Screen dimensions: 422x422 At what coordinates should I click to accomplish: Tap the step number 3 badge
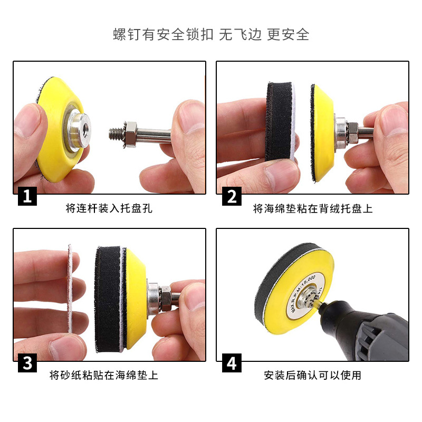coord(27,363)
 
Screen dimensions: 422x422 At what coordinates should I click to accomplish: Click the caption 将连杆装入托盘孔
coord(109,209)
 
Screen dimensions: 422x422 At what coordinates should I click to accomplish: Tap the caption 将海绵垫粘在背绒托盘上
coord(313,209)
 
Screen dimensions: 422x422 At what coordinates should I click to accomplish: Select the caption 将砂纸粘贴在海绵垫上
coord(104,376)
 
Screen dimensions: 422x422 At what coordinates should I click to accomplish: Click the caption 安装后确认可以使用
coord(313,376)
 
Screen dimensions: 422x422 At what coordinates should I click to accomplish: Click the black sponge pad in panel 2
coord(279,121)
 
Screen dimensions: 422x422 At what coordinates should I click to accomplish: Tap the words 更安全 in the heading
coord(288,35)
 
